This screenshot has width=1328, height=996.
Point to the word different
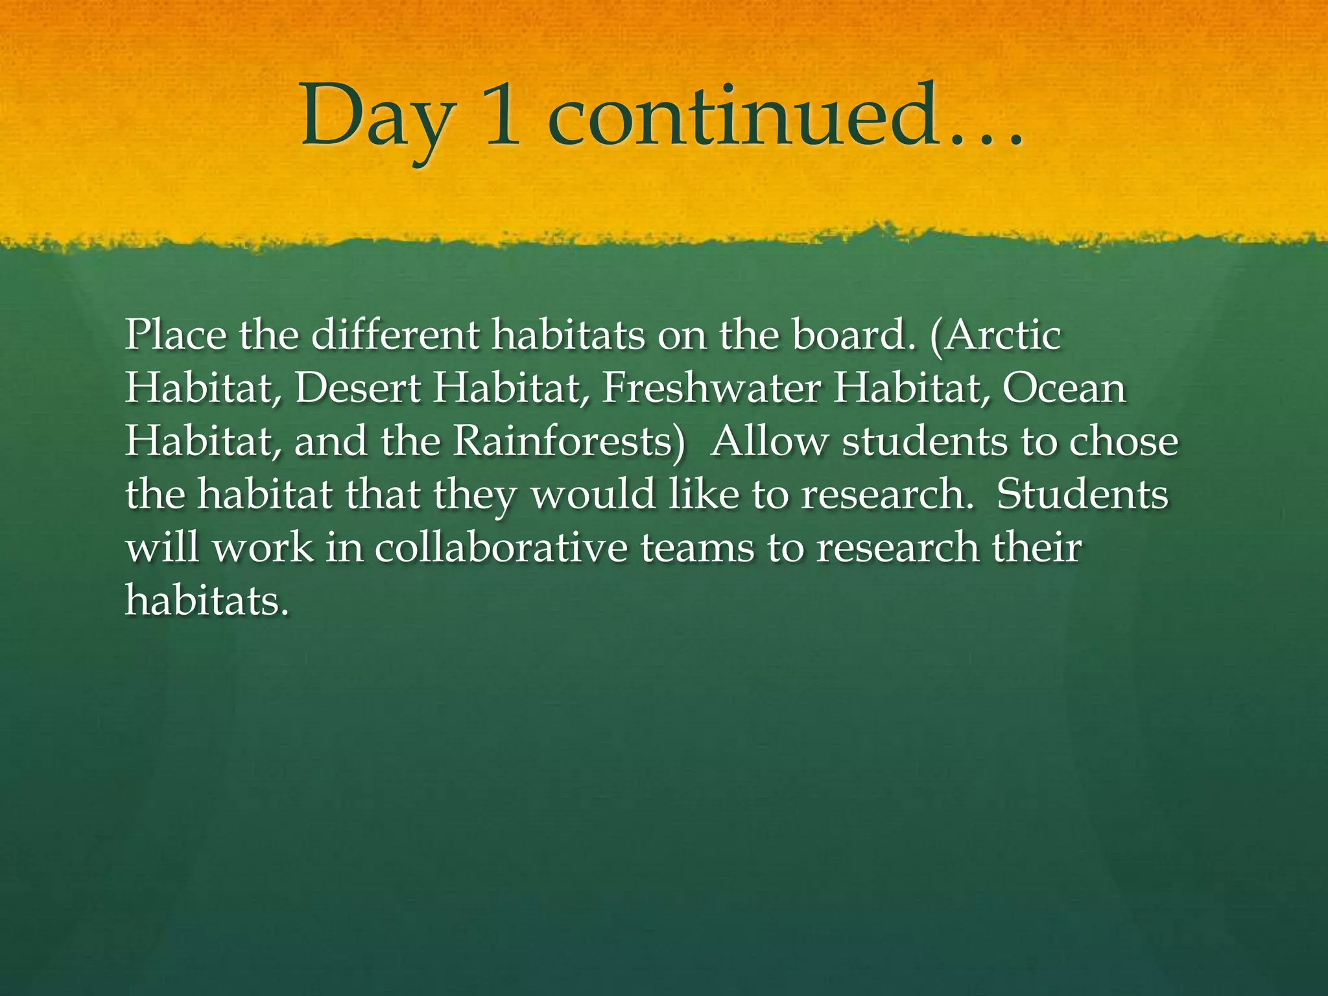(396, 335)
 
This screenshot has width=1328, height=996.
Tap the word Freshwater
(711, 388)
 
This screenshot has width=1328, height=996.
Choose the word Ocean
(1064, 388)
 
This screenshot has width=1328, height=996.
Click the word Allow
(769, 442)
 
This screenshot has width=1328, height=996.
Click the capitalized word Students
(1082, 495)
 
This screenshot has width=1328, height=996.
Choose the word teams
(698, 548)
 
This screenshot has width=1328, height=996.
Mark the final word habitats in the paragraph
(206, 601)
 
